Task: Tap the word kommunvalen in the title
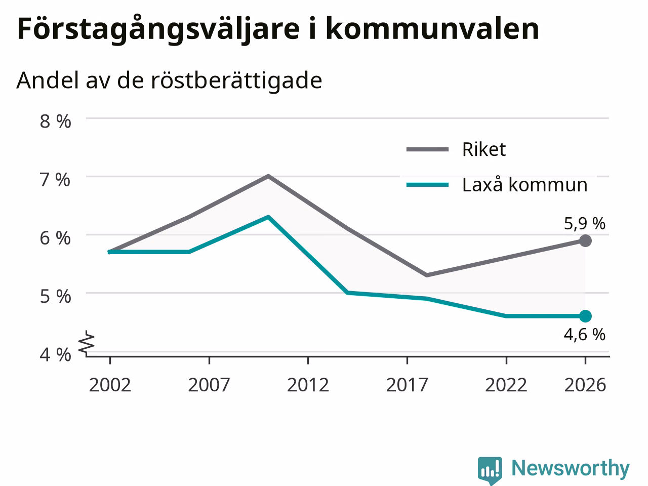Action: (x=432, y=29)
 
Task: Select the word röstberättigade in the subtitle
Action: (x=236, y=80)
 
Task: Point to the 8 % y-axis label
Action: (x=56, y=121)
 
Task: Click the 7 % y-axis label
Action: (x=56, y=180)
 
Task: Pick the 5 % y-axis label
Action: (x=56, y=296)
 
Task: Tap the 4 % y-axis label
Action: (x=56, y=354)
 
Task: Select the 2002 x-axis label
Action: (x=110, y=385)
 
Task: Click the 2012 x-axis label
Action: (x=308, y=385)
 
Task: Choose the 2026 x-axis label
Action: (x=585, y=385)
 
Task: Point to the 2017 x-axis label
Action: (x=407, y=385)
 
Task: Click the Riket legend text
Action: (x=484, y=149)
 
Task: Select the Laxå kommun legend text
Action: (x=525, y=185)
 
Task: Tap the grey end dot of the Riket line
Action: (x=585, y=241)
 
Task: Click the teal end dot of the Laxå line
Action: (x=585, y=316)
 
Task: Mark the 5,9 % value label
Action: (x=585, y=223)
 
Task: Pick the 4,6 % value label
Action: (x=585, y=335)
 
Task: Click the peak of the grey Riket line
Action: (x=268, y=177)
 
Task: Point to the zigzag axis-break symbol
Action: (x=87, y=342)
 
